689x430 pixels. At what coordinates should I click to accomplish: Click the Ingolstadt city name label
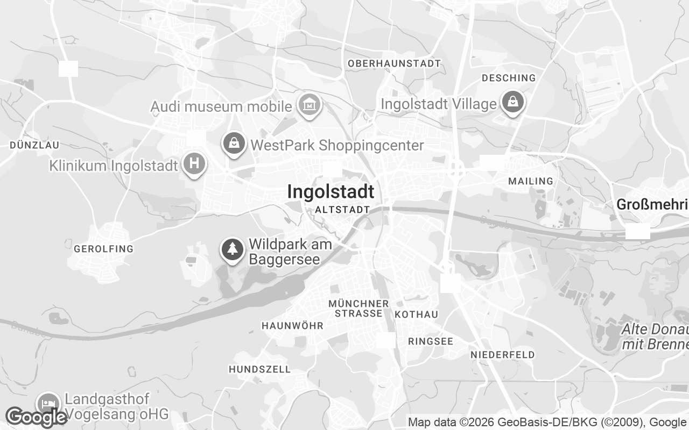331,192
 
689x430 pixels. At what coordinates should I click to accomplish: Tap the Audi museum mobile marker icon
310,105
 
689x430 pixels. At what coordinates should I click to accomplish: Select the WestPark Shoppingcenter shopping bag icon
234,144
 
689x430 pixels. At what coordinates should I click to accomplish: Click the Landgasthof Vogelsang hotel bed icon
48,404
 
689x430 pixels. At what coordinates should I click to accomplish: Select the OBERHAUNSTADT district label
394,63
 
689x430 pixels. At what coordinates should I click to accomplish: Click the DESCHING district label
509,78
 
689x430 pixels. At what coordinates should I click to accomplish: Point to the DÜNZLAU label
34,145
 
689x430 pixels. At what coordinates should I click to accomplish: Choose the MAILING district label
531,181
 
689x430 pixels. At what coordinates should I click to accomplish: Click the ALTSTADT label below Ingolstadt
342,210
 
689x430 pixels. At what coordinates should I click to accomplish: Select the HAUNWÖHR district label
292,326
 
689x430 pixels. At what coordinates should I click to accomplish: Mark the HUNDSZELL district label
259,369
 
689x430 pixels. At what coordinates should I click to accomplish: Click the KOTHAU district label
416,314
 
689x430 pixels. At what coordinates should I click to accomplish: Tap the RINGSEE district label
431,341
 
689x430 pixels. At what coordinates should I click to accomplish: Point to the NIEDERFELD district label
503,355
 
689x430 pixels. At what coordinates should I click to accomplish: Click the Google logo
36,417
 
